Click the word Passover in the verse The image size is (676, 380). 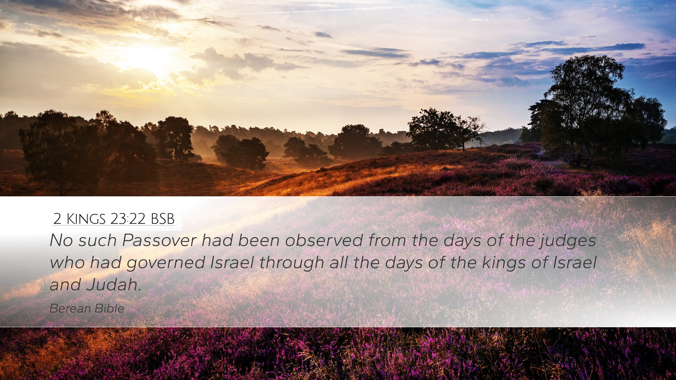point(159,240)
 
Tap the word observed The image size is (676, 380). point(324,240)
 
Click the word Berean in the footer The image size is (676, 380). point(70,309)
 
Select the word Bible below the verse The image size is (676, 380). point(109,309)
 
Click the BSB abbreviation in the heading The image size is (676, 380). point(163,219)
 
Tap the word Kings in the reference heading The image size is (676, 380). point(86,219)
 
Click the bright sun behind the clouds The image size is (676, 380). point(150,58)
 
